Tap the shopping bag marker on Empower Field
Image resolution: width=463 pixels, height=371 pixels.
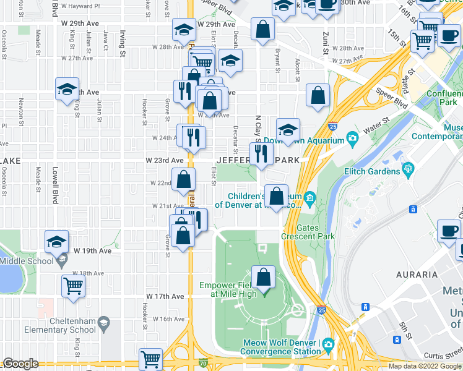[264, 278]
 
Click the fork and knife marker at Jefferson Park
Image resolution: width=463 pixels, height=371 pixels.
[261, 153]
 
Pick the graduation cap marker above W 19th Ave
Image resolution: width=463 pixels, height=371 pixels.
[56, 242]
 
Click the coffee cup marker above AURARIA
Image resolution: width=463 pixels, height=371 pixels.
[449, 231]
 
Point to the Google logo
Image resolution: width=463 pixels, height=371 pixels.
[21, 364]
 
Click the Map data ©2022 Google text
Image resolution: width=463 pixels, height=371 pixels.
[424, 366]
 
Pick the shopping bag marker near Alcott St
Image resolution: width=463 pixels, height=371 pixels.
[318, 95]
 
